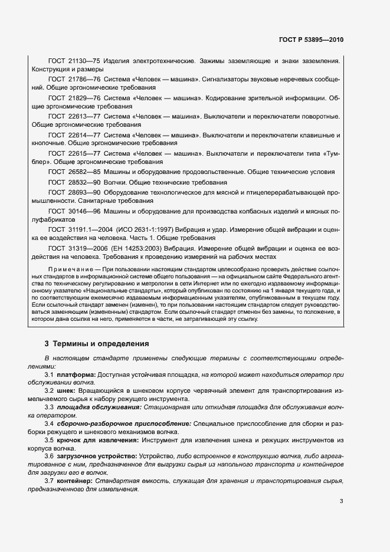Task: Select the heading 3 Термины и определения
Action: tap(97, 344)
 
